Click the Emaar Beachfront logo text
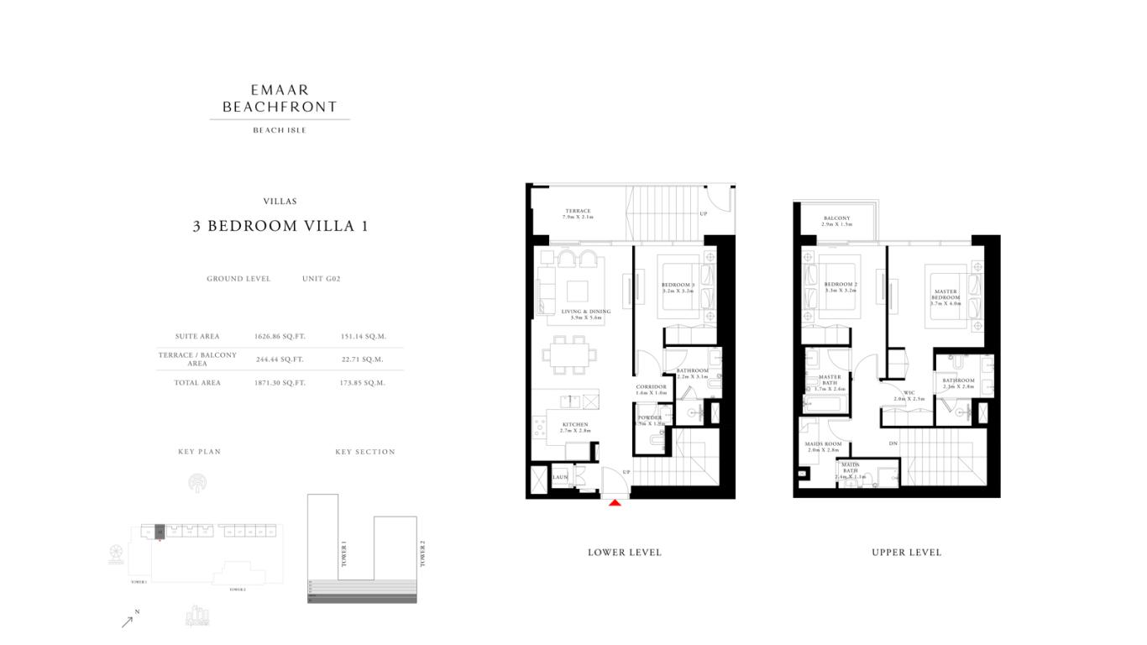click(x=280, y=98)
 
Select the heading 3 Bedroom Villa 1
click(x=280, y=226)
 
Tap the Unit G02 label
click(x=321, y=279)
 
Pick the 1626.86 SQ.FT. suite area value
click(x=280, y=337)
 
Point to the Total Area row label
click(x=197, y=383)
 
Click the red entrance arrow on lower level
click(x=615, y=502)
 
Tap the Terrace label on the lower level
click(x=578, y=212)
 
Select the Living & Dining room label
click(x=585, y=312)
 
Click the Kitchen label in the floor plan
click(x=575, y=425)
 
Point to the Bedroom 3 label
click(x=678, y=286)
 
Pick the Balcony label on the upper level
click(x=836, y=218)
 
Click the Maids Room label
click(x=823, y=444)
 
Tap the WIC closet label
click(x=909, y=392)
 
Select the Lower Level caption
click(x=624, y=553)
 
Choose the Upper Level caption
click(x=906, y=553)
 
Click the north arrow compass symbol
click(x=128, y=621)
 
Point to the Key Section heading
click(x=364, y=452)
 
